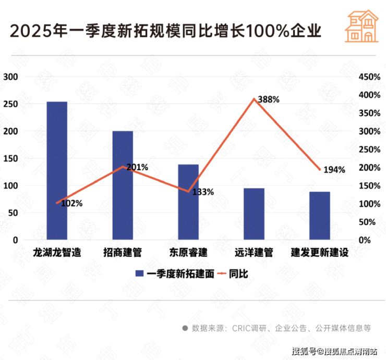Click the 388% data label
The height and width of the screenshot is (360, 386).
[269, 99]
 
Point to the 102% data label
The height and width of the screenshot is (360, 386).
[72, 204]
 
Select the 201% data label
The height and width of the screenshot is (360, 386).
[138, 167]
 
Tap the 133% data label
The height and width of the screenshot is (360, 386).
[203, 192]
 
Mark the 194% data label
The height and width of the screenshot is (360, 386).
[334, 170]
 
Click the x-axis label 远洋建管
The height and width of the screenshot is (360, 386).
[254, 253]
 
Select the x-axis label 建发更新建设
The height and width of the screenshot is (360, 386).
[320, 253]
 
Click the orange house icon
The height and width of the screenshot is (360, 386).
[362, 26]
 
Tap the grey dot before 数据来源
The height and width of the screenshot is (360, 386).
[185, 328]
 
